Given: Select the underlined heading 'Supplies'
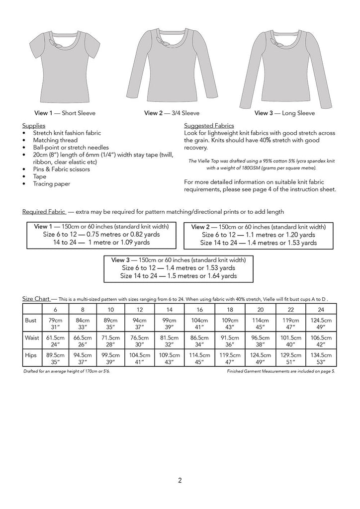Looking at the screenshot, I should (x=34, y=126).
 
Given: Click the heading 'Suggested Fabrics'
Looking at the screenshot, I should (x=209, y=126).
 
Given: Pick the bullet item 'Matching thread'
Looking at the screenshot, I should (x=55, y=141).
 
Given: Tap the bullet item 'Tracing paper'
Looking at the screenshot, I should (x=52, y=183).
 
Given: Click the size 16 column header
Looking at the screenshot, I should (x=198, y=309).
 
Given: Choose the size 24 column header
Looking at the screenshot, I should (x=320, y=309).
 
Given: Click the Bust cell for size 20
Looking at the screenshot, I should (x=259, y=324).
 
